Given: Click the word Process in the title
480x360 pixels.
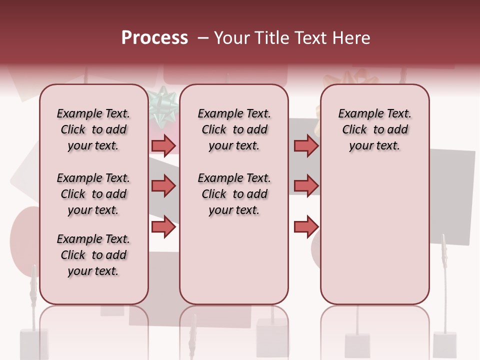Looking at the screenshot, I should pos(154,38).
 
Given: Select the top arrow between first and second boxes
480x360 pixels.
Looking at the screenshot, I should pos(163,145).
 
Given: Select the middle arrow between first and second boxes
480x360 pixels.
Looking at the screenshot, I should pos(163,186).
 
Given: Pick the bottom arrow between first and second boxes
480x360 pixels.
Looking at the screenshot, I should pos(163,227).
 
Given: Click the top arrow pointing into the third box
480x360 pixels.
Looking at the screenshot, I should pos(306,145).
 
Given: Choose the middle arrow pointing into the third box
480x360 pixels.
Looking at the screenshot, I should pos(306,186).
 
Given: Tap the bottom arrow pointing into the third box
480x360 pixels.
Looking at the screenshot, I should pos(306,227).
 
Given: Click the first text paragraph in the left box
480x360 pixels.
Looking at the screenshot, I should pos(93,129).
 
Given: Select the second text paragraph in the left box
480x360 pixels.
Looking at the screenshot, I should pos(93,194).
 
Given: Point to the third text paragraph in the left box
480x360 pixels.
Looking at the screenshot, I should pos(93,255).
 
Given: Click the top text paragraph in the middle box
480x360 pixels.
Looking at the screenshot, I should pos(234,129).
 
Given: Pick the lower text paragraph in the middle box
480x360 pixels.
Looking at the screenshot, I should pos(234,194).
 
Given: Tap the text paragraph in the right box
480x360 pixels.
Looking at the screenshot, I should pos(374,129).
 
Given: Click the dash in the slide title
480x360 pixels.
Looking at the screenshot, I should pos(202,38).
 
